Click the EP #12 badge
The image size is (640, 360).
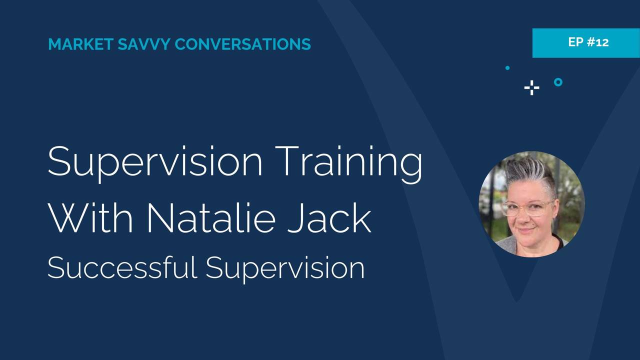(585, 42)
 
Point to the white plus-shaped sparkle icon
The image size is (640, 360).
(531, 88)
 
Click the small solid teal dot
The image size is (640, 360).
(507, 68)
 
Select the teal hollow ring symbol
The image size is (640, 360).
(558, 82)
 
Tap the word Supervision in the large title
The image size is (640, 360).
(155, 162)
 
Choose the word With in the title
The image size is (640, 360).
(90, 218)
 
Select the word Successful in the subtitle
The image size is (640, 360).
(122, 267)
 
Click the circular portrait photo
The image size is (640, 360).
(531, 204)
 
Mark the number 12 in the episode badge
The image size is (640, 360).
(602, 42)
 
